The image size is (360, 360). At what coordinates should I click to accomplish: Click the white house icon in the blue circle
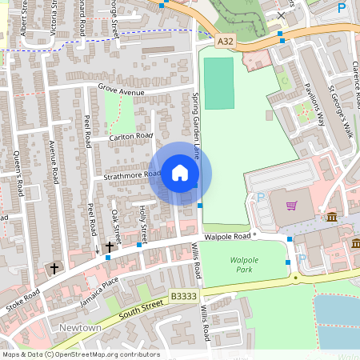pyautogui.click(x=180, y=173)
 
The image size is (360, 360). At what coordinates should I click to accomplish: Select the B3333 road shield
pyautogui.click(x=183, y=297)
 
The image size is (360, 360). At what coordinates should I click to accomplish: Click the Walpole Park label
pyautogui.click(x=246, y=265)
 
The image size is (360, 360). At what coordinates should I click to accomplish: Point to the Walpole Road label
pyautogui.click(x=228, y=237)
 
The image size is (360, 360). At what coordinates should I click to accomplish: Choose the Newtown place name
pyautogui.click(x=80, y=329)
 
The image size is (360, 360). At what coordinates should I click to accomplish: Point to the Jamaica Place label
pyautogui.click(x=99, y=286)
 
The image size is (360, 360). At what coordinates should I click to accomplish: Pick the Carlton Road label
pyautogui.click(x=132, y=136)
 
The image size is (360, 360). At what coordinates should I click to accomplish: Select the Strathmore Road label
pyautogui.click(x=132, y=175)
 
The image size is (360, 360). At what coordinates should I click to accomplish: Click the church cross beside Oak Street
pyautogui.click(x=109, y=247)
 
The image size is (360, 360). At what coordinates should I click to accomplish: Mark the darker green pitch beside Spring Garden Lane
pyautogui.click(x=218, y=82)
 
